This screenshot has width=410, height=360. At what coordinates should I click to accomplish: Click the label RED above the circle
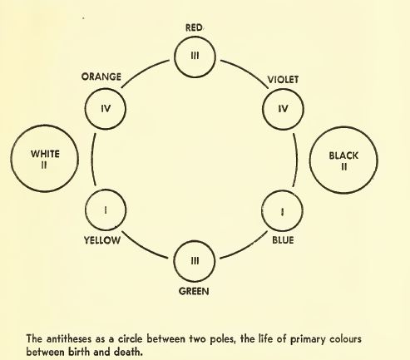pos(194,27)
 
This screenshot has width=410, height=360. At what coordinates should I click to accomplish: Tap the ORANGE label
pos(101,76)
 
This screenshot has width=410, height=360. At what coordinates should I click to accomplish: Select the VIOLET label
pos(283,80)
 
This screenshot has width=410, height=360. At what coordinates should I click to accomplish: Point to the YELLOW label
pos(102,240)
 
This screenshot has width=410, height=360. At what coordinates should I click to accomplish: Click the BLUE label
pos(283,240)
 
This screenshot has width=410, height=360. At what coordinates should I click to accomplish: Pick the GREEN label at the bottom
pos(194,291)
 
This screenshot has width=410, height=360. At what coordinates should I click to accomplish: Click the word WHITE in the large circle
pos(45,154)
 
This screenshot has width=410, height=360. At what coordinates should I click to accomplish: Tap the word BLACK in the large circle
pos(343,155)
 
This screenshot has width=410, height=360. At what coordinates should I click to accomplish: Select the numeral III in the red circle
pos(195,56)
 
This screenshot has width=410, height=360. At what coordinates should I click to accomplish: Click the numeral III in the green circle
pos(195,260)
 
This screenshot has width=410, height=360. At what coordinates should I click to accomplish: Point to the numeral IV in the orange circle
pos(106,108)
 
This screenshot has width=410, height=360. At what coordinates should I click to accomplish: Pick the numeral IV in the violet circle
pos(283,109)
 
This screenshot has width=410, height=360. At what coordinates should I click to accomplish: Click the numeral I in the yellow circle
pos(106,210)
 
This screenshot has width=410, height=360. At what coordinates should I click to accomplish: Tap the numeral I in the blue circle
pos(282,212)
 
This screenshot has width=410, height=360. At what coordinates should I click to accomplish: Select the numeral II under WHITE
pos(44,165)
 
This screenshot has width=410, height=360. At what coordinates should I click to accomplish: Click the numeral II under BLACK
pos(343,167)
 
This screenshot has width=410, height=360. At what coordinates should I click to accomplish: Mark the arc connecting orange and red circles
pos(143,72)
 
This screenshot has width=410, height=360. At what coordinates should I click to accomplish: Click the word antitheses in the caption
pos(69,339)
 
